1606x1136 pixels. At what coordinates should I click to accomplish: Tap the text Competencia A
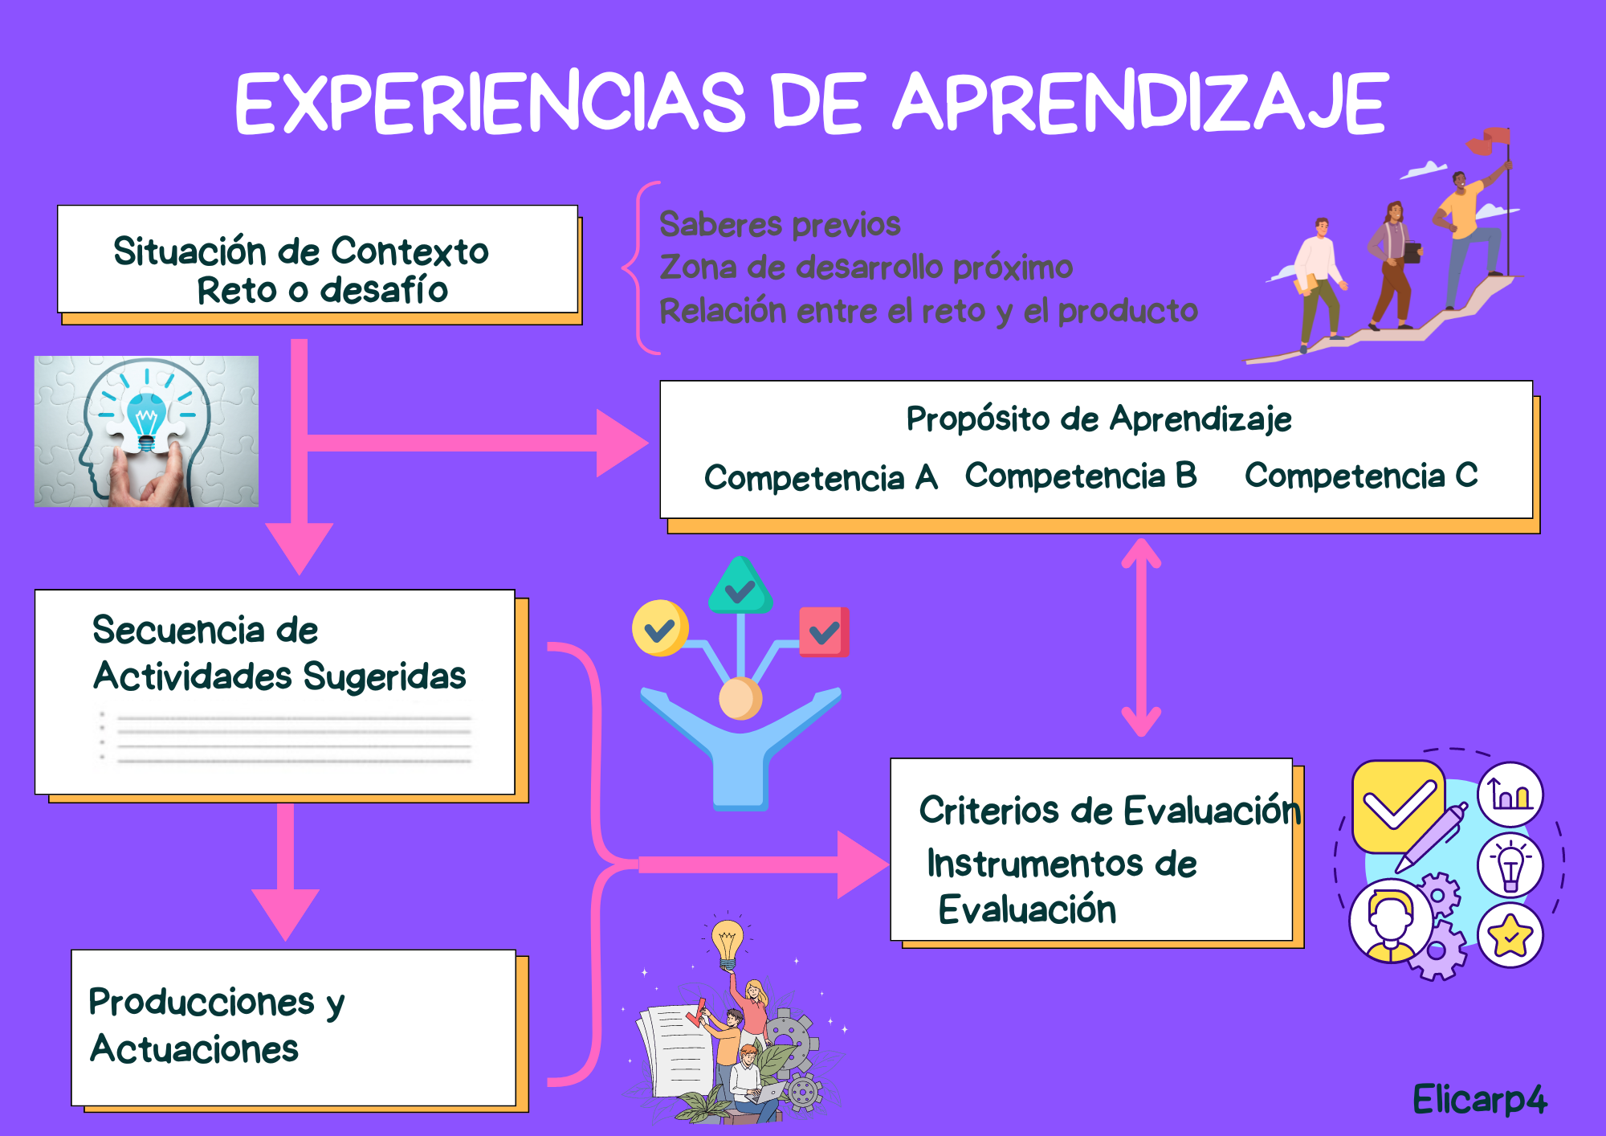(821, 477)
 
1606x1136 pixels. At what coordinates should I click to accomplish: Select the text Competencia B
(1081, 476)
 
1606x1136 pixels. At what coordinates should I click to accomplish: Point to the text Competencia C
(1361, 476)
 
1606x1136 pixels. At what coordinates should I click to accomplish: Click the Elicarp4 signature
(1479, 1100)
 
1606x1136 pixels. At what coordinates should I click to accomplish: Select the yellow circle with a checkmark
(660, 628)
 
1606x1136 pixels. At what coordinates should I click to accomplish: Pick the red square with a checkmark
(824, 632)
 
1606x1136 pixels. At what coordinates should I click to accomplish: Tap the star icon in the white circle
(1510, 935)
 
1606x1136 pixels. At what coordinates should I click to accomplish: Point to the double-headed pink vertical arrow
(1141, 636)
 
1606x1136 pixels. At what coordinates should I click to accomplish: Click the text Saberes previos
(780, 224)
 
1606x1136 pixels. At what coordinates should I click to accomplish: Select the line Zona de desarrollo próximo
(866, 268)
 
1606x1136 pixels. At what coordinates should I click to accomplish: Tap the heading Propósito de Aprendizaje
(1099, 419)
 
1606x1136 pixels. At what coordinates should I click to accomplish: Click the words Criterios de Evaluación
(1110, 811)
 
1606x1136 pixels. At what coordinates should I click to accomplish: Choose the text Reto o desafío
(322, 290)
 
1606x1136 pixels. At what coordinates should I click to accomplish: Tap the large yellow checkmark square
(1398, 806)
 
